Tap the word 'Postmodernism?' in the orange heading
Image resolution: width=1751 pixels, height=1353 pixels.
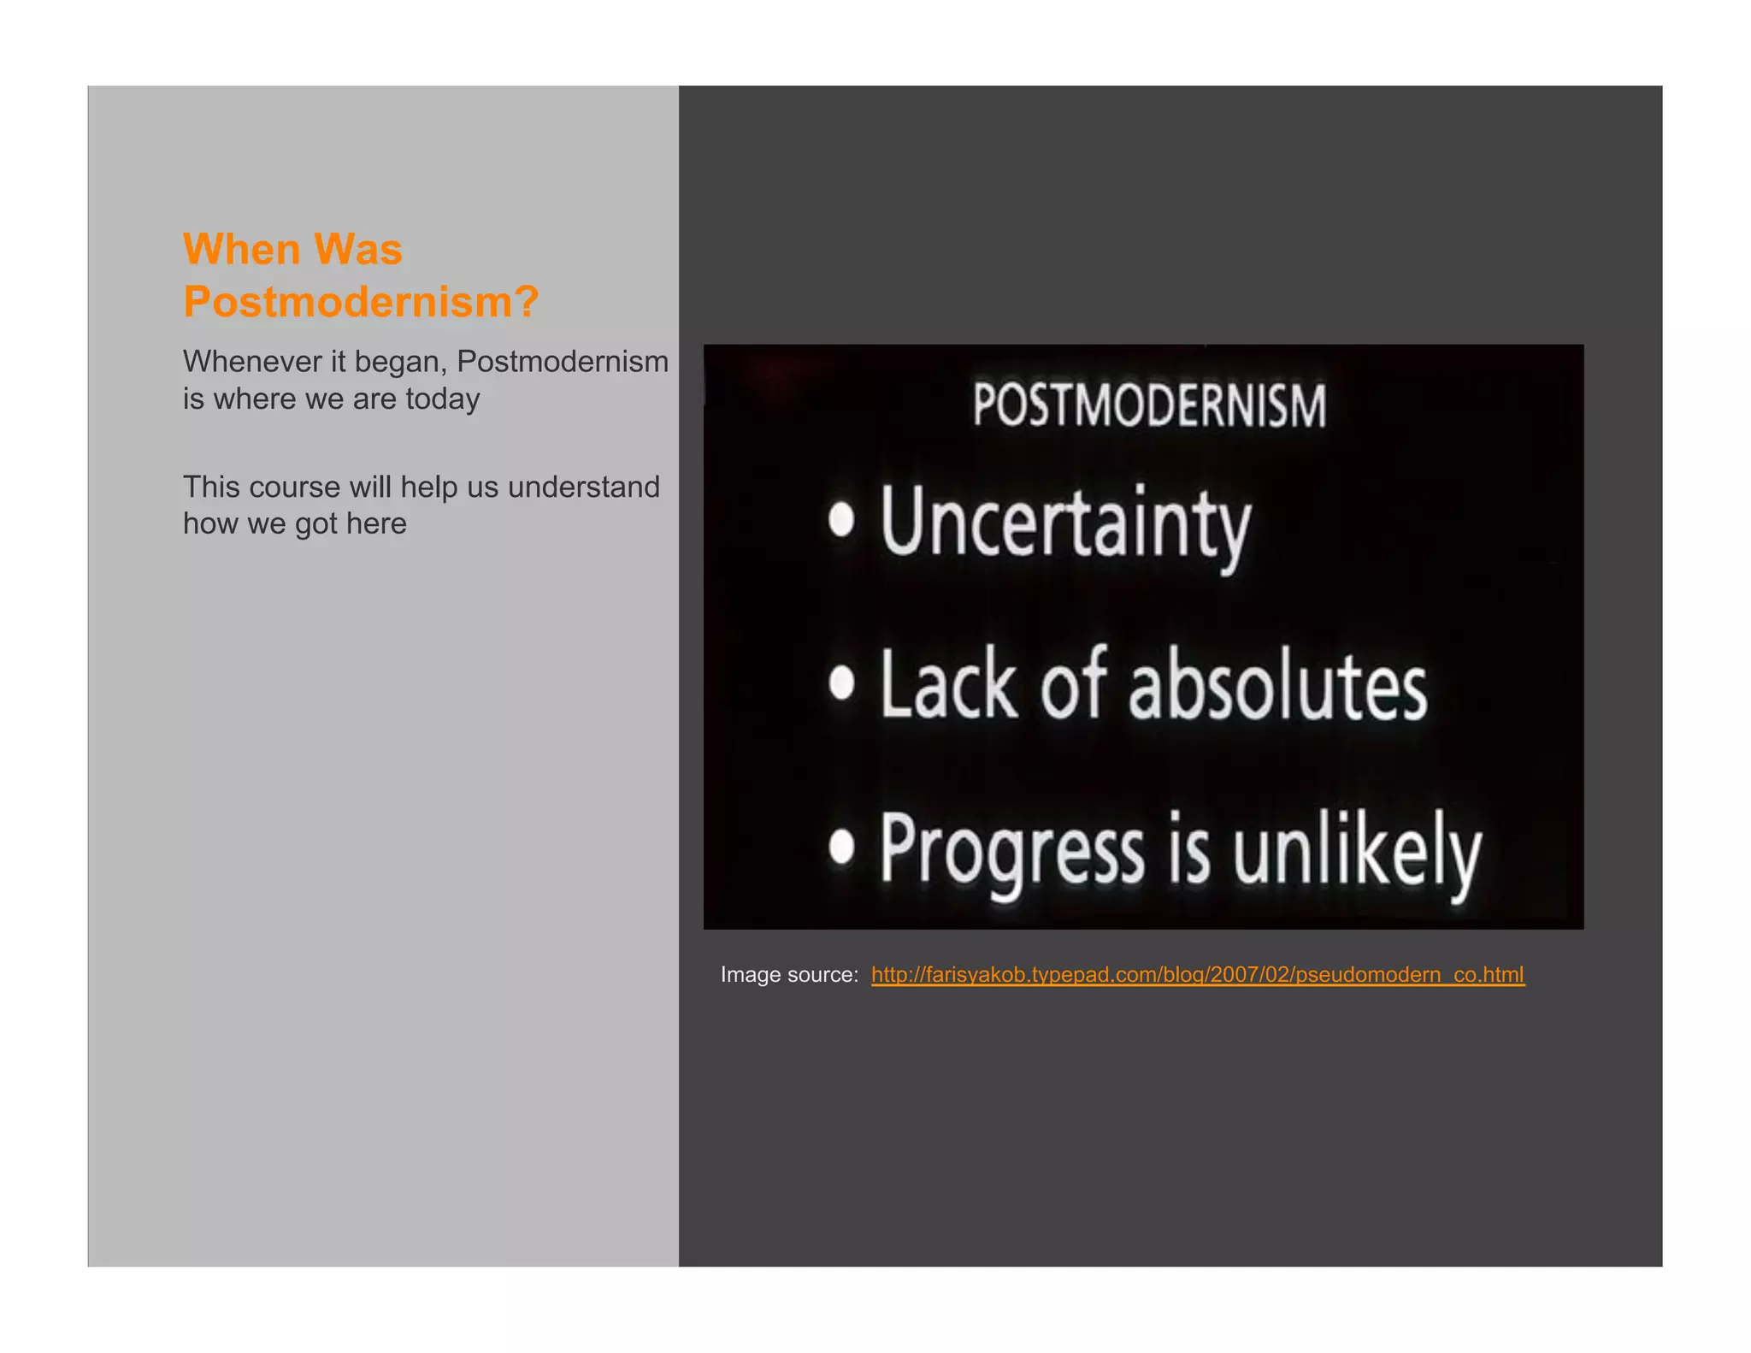(x=361, y=302)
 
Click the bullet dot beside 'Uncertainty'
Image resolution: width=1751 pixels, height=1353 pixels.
(x=841, y=520)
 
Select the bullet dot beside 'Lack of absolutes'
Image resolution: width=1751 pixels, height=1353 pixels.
(x=842, y=682)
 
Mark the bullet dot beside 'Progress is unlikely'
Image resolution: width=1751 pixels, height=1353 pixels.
(x=842, y=846)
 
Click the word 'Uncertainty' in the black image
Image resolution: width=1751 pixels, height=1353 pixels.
(x=1065, y=522)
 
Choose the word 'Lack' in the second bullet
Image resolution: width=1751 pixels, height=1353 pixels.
(x=949, y=684)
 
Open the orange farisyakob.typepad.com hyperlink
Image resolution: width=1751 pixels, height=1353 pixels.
(x=1197, y=975)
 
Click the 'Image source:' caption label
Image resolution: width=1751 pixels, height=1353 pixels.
(x=789, y=975)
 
